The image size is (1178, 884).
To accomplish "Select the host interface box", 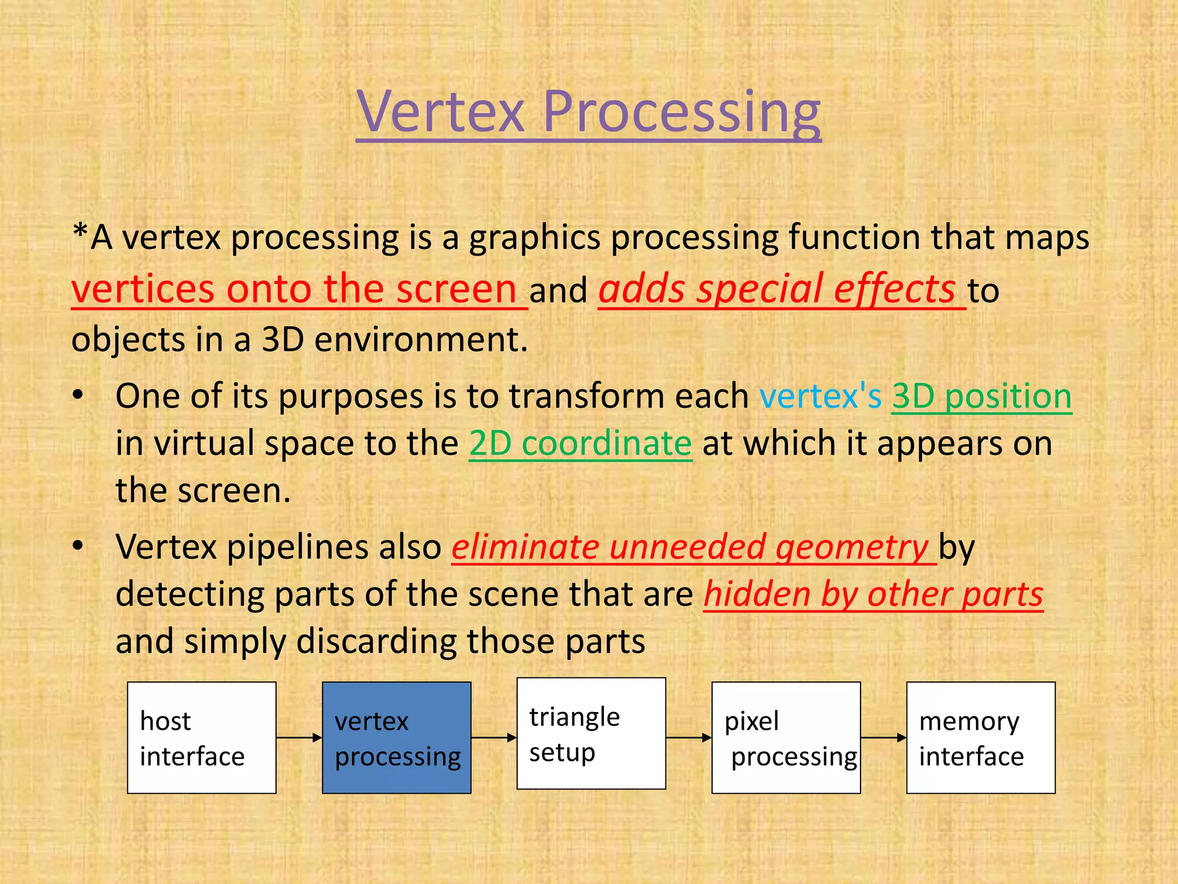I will point(201,738).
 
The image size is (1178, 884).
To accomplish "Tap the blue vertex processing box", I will point(396,738).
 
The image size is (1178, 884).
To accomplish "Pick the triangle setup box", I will point(591,733).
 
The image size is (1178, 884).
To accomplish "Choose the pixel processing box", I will point(786,738).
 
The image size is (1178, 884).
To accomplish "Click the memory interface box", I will point(981,738).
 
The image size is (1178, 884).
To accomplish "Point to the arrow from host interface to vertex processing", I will point(299,738).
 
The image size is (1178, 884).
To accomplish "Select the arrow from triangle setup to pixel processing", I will point(689,738).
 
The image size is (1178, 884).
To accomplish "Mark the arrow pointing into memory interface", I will point(883,738).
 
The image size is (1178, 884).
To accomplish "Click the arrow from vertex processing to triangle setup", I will point(494,738).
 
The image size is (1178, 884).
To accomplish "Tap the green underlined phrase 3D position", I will point(981,397).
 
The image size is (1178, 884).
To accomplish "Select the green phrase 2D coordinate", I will point(580,444).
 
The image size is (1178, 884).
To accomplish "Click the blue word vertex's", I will point(820,397).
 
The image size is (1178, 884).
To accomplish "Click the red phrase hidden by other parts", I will point(873,594).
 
